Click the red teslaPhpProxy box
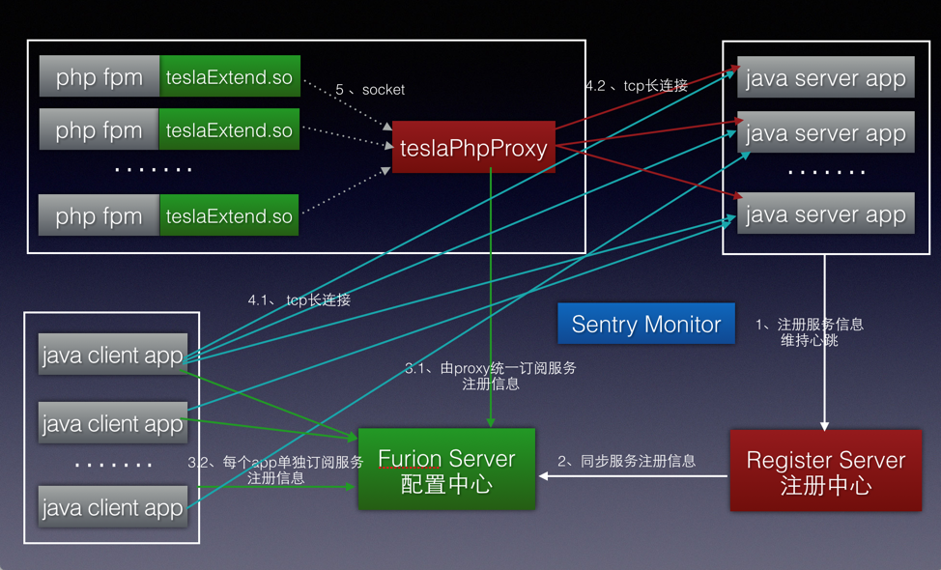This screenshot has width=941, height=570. click(473, 147)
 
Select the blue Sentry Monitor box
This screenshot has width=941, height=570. click(646, 324)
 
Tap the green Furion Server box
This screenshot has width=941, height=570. click(446, 470)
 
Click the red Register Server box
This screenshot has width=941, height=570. click(826, 470)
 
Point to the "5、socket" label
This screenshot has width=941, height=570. click(370, 90)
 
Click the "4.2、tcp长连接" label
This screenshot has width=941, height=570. click(637, 86)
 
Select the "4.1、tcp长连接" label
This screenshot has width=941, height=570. click(299, 299)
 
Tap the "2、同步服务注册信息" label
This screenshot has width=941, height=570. click(627, 461)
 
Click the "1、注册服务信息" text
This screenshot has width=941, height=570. click(810, 325)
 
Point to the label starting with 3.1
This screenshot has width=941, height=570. click(490, 376)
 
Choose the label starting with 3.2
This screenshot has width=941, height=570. click(275, 470)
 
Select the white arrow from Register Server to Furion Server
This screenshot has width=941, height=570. click(633, 476)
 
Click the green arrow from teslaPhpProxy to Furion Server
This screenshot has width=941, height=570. click(491, 298)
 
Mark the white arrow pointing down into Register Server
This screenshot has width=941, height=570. click(824, 343)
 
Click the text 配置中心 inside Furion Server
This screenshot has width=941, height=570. click(446, 485)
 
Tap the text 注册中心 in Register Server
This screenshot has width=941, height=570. click(826, 486)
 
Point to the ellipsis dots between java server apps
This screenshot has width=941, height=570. click(826, 172)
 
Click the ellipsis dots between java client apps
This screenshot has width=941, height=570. click(113, 465)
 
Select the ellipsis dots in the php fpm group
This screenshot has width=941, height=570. click(153, 170)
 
